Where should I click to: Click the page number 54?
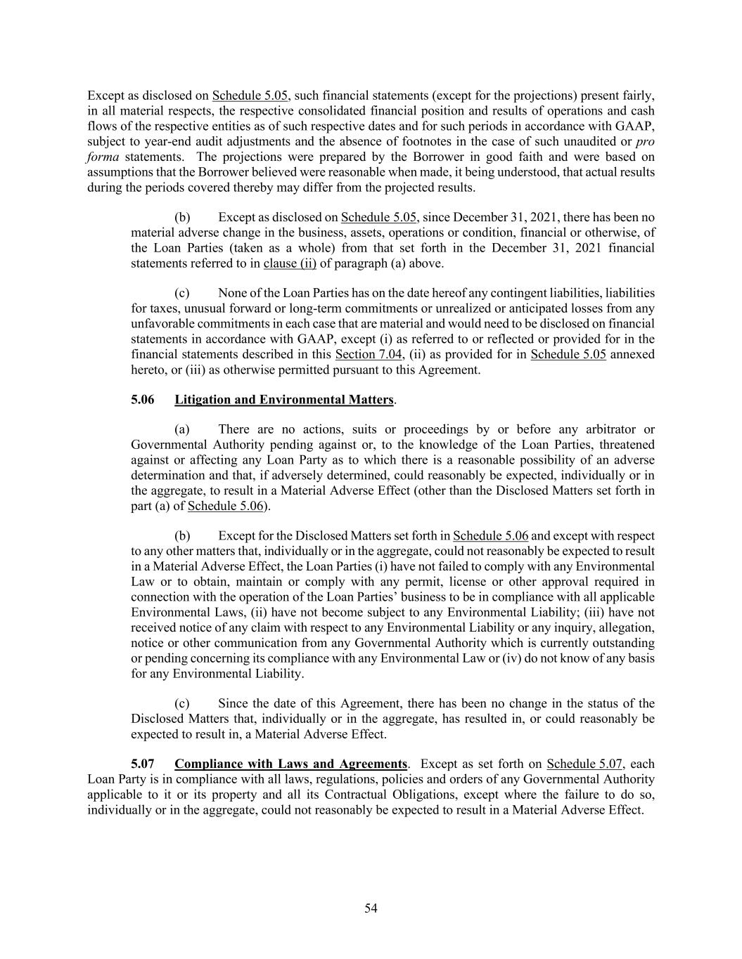(371, 908)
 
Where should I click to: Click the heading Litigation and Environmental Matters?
(283, 400)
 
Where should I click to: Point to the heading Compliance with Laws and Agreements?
(290, 764)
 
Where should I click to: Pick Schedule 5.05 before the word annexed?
(568, 355)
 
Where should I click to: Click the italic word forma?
(103, 157)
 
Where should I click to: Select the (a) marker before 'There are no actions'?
(181, 429)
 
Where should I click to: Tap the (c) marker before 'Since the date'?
(181, 704)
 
